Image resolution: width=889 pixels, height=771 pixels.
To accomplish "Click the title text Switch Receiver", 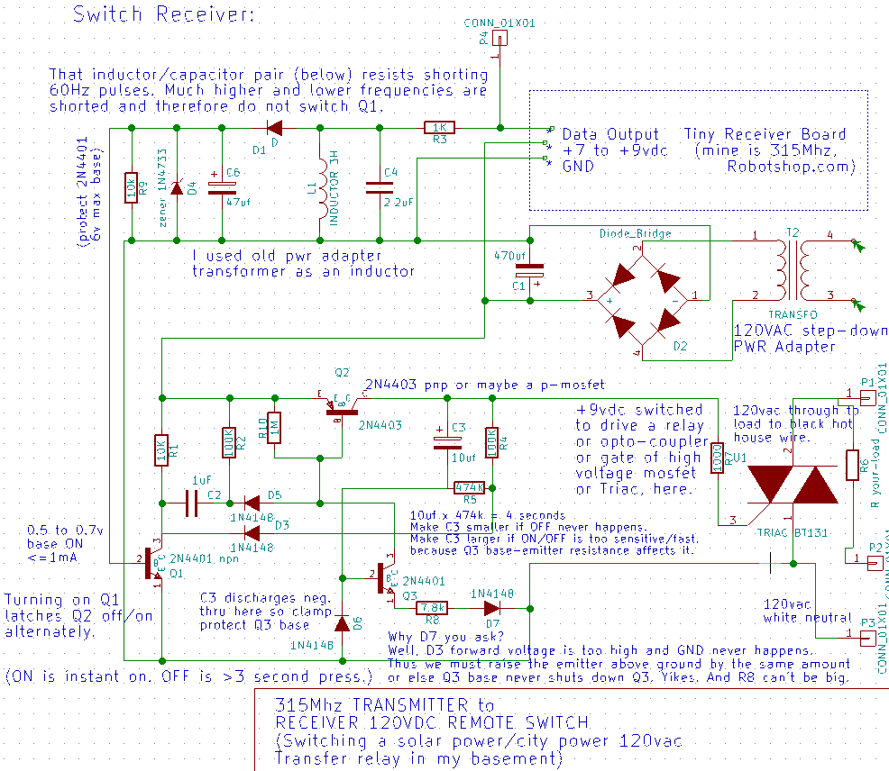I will [x=163, y=14].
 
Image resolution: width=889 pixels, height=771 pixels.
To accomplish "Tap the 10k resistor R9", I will [x=132, y=187].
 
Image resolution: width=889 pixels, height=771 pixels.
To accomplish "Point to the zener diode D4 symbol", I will [x=177, y=187].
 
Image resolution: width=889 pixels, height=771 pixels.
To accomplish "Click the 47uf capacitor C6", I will [x=221, y=188].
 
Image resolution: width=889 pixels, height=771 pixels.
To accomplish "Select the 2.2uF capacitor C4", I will [x=379, y=187].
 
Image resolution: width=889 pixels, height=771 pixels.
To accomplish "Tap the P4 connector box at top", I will [x=500, y=39].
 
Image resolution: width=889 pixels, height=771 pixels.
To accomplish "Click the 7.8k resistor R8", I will [x=432, y=607].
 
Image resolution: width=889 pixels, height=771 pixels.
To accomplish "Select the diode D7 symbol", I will [x=492, y=607].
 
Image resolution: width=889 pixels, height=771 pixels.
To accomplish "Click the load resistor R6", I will [x=852, y=465].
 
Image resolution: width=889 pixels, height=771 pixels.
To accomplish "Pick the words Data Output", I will [x=610, y=133].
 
